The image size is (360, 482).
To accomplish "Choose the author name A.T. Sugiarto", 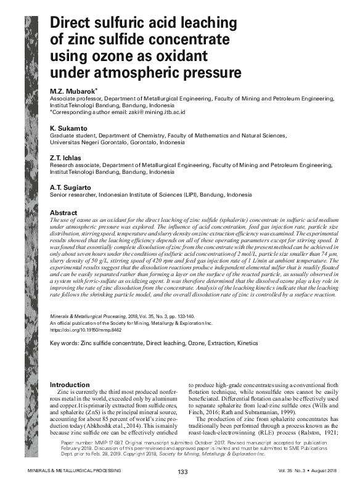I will pos(71,186).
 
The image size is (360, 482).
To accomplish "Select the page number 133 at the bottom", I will pos(182,472).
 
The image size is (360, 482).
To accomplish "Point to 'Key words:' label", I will pos(63,343).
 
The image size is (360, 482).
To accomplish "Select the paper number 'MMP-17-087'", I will pos(107,443).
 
